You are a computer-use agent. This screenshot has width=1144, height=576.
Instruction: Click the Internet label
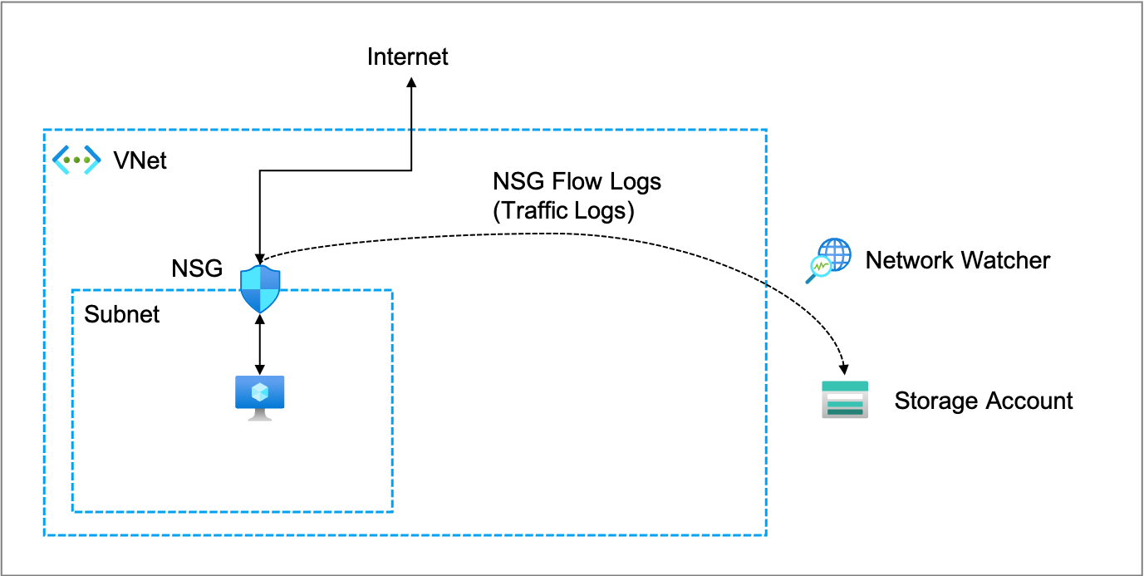tap(407, 57)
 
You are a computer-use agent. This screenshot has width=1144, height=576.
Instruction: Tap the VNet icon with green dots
tap(76, 160)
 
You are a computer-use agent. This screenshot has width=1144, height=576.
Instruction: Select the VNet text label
tap(140, 160)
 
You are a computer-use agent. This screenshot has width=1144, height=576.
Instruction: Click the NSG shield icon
tap(260, 288)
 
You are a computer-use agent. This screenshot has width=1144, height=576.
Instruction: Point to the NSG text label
tap(197, 268)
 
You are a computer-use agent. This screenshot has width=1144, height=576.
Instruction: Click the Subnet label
tap(122, 315)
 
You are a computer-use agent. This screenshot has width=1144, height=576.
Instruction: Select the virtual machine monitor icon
tap(260, 396)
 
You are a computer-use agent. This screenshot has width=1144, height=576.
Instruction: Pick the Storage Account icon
tap(845, 400)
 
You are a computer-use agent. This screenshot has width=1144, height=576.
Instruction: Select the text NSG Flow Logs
tap(577, 181)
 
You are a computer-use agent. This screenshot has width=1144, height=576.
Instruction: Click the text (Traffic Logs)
tap(563, 211)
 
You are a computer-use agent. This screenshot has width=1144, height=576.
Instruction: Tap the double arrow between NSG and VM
tap(261, 342)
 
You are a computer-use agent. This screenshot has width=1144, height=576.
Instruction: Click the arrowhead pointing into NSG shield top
tap(261, 257)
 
